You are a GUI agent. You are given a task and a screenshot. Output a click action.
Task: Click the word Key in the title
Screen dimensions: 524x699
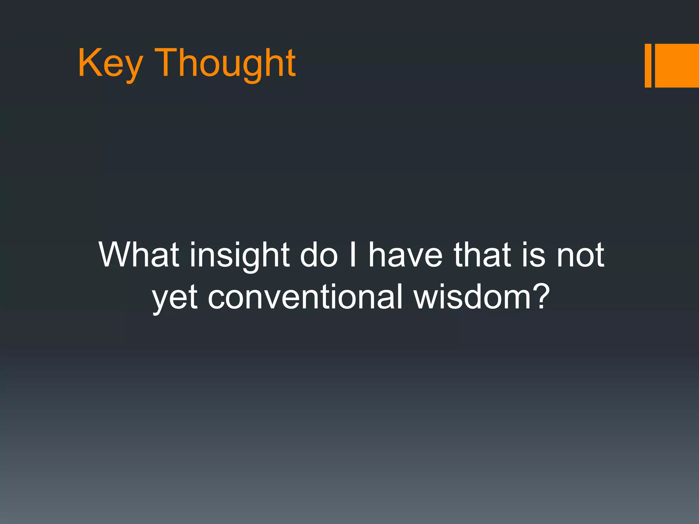point(110,63)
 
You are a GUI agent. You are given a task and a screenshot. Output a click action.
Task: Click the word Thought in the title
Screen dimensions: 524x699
point(226,63)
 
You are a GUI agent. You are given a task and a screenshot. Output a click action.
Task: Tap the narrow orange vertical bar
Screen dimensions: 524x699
point(648,65)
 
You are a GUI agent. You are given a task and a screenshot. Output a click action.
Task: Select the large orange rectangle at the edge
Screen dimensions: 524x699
point(677,65)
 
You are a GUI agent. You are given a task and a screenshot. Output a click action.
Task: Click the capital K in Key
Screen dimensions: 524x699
point(88,63)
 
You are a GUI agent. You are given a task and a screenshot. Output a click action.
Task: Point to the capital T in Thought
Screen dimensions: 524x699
point(167,63)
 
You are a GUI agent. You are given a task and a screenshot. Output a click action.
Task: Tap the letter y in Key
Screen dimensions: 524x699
point(132,68)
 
